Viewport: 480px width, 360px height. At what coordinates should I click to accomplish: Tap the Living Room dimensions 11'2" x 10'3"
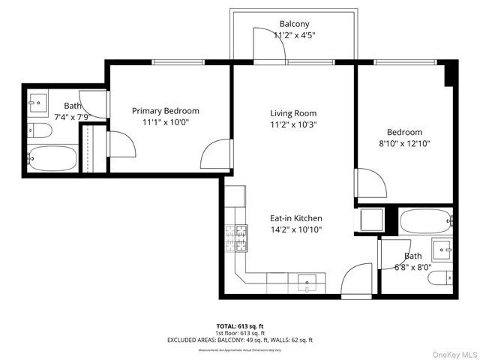tap(294, 125)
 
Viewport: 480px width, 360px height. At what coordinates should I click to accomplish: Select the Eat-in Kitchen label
tap(296, 218)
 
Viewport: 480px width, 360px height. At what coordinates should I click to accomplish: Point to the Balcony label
tap(294, 24)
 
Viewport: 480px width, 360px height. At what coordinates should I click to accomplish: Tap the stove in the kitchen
tap(235, 238)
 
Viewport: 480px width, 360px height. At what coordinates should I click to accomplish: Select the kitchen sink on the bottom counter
tap(307, 283)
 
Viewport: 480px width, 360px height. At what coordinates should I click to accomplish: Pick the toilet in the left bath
tap(41, 131)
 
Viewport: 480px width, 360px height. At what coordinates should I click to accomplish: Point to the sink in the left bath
tap(37, 100)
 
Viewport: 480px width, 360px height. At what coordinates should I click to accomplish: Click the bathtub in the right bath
tap(425, 220)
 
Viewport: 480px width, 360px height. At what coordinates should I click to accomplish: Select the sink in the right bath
tap(442, 247)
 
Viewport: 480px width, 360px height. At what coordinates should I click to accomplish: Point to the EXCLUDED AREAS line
tap(239, 340)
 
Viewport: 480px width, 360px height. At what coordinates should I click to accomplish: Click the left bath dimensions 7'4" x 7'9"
tap(72, 117)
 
